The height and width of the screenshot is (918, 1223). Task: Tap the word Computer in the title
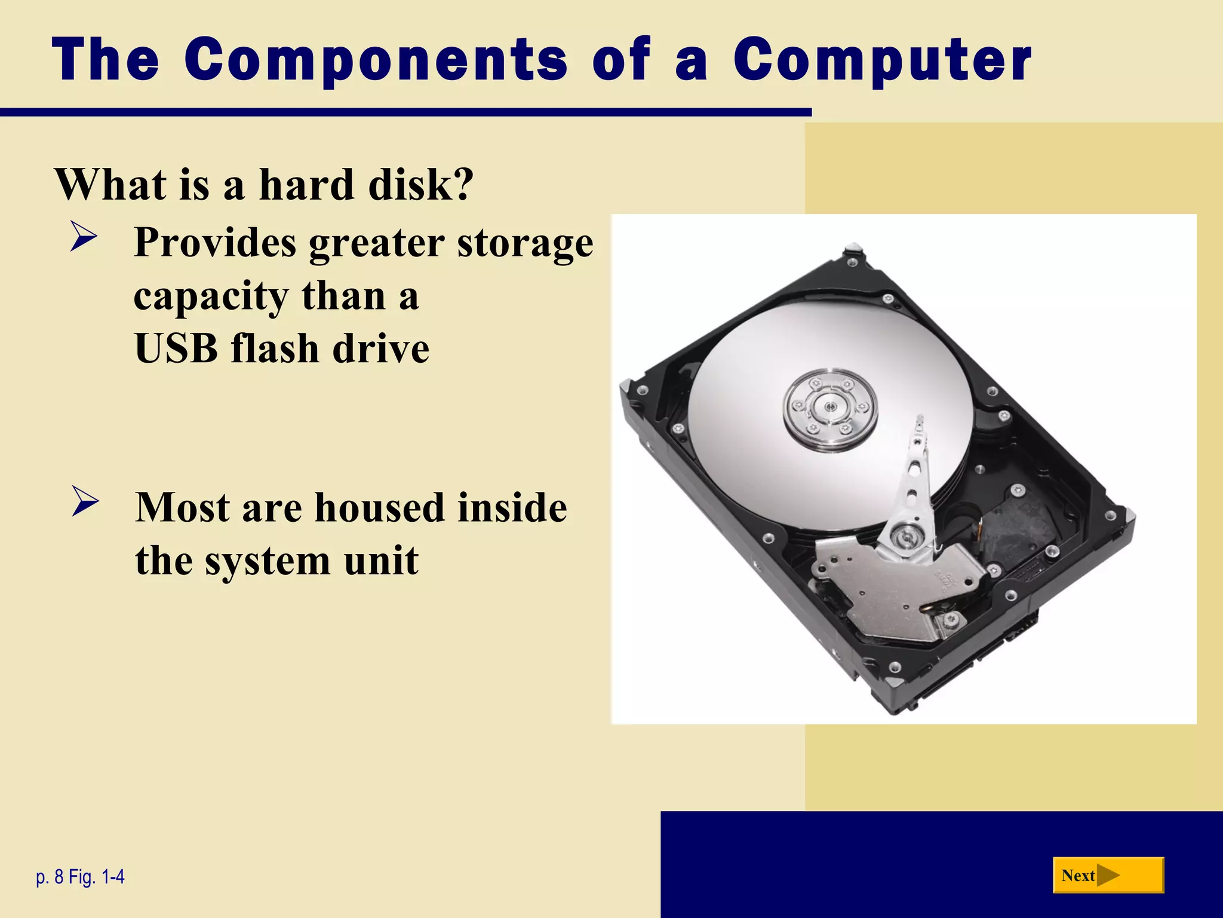[882, 59]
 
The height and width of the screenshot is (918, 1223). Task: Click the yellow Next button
[1108, 876]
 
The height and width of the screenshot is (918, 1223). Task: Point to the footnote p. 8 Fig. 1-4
[81, 877]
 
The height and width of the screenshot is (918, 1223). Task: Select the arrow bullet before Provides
[83, 237]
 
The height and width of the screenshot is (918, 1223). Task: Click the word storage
[525, 243]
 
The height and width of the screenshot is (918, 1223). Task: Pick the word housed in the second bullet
[379, 507]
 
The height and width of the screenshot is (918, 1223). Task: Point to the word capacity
[211, 297]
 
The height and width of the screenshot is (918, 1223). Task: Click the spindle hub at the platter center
[829, 408]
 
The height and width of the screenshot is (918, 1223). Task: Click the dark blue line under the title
[406, 112]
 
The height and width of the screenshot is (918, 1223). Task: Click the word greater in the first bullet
[376, 243]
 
